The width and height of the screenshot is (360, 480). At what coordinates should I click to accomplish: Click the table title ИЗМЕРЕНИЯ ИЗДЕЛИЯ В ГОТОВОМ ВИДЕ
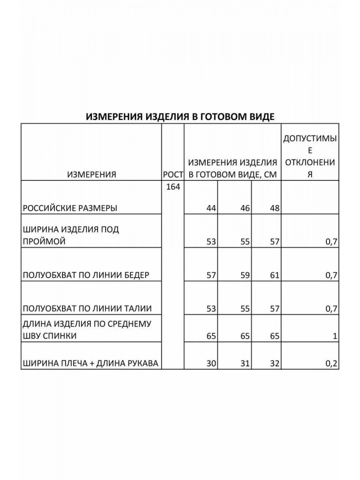click(180, 116)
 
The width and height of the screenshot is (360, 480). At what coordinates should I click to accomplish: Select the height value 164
click(173, 187)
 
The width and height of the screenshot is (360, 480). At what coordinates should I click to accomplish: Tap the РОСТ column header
click(173, 174)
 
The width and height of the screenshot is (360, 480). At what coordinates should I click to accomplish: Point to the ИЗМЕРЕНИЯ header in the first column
click(92, 174)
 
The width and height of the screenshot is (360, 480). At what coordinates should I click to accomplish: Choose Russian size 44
click(211, 208)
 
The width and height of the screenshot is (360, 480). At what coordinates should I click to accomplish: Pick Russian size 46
click(245, 208)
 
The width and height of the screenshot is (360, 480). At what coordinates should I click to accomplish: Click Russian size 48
click(274, 208)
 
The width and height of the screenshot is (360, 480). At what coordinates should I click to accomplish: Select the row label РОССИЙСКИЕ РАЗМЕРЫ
click(70, 208)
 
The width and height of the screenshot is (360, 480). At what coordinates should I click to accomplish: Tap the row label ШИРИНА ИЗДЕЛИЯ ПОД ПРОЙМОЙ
click(71, 236)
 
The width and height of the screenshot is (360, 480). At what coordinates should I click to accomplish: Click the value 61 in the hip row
click(274, 275)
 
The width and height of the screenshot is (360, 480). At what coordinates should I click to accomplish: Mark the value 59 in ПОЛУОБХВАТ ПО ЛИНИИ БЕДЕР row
click(245, 275)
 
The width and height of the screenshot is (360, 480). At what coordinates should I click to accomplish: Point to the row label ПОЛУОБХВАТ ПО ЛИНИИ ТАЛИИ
click(88, 308)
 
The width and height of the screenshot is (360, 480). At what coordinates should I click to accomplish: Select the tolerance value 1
click(335, 336)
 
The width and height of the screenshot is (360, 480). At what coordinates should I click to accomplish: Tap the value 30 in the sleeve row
click(211, 364)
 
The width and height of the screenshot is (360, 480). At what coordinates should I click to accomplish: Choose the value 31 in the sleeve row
click(245, 364)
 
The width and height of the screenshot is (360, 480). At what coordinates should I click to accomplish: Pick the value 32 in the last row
click(274, 364)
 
